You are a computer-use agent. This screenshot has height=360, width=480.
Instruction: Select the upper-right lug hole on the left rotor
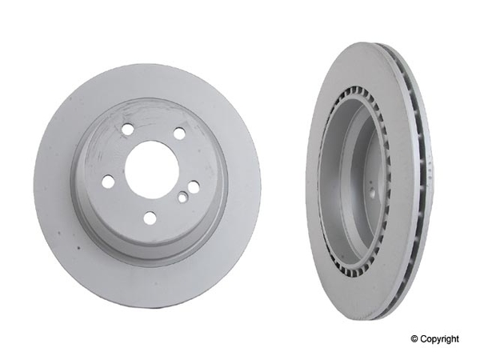179,133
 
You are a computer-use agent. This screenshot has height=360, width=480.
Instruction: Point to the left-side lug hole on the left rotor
107,182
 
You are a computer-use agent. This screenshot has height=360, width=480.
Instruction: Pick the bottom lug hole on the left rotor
150,218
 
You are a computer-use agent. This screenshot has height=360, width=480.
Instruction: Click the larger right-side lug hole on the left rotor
194,187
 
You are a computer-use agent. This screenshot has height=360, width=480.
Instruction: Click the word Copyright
439,339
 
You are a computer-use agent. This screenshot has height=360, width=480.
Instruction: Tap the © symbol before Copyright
413,339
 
